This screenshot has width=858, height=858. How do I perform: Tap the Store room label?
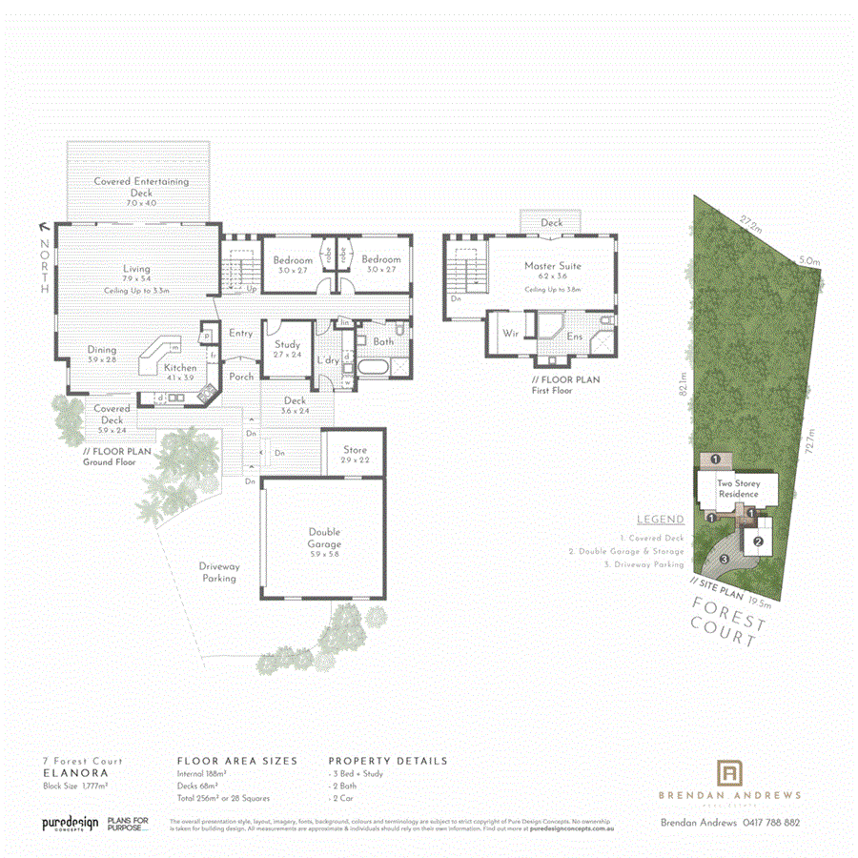tap(355, 450)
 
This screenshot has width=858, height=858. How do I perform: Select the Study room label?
tap(287, 344)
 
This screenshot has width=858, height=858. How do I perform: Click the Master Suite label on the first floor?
tap(552, 266)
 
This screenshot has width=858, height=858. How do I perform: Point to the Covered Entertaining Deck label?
tap(141, 181)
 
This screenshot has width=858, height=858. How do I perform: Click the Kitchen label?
tap(180, 367)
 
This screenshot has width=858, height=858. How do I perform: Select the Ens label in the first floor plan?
tap(574, 336)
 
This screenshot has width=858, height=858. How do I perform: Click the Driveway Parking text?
tap(219, 572)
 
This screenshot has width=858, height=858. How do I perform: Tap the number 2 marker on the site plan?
tap(758, 543)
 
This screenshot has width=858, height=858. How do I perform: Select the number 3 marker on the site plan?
tap(725, 559)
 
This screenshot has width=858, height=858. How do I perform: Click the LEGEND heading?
tap(660, 520)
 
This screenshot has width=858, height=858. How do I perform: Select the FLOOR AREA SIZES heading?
tap(237, 761)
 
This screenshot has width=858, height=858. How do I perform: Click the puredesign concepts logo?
tap(70, 824)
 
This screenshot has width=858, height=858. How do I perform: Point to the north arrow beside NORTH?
tap(44, 226)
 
